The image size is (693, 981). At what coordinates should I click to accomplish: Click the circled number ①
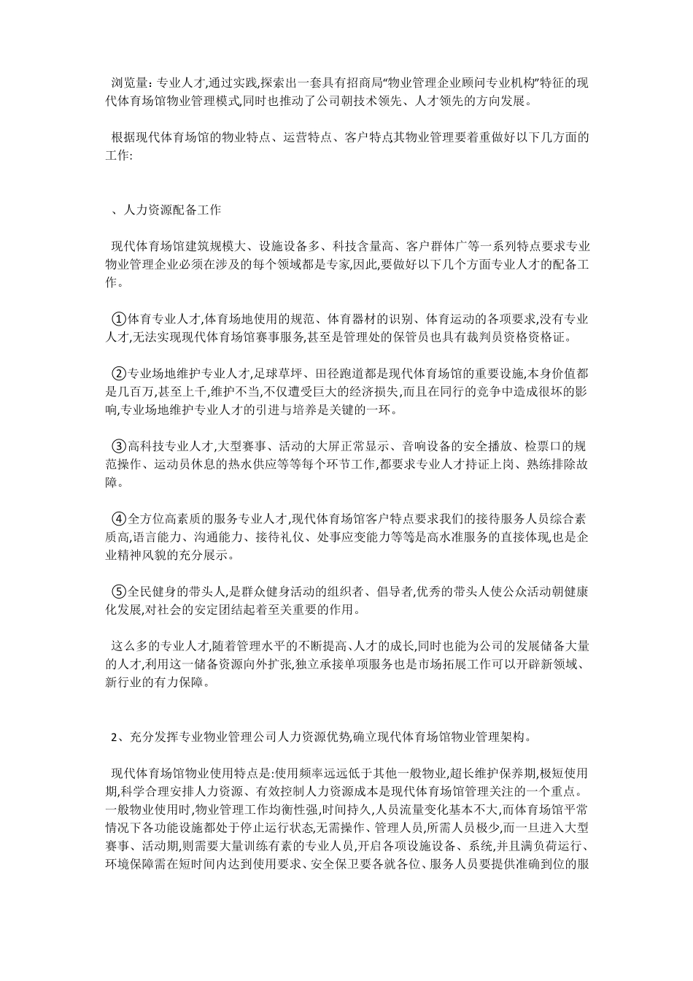point(119,319)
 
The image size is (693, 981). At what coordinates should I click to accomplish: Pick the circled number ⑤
point(119,590)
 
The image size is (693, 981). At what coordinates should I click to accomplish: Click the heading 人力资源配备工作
point(169,210)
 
